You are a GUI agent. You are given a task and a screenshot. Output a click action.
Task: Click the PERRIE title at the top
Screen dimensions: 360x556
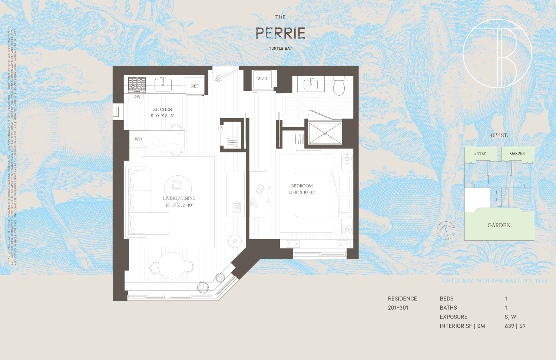click(281, 33)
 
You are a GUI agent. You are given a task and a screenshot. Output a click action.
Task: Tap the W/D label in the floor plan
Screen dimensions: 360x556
click(262, 79)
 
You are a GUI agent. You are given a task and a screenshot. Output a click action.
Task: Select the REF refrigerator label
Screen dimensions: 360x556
click(195, 86)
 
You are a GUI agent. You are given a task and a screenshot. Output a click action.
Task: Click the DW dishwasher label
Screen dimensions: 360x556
click(137, 96)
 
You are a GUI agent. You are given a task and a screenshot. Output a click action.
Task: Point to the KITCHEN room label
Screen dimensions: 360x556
click(162, 109)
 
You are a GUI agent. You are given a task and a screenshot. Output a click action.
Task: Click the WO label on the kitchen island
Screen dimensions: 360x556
click(138, 139)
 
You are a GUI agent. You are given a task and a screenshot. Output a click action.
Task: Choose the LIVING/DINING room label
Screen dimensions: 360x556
click(179, 198)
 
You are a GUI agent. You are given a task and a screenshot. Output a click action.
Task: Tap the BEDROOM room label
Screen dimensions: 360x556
click(302, 186)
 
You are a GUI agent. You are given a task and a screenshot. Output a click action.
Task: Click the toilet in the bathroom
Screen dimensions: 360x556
click(339, 86)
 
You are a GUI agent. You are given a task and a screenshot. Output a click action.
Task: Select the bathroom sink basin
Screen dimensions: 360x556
click(311, 84)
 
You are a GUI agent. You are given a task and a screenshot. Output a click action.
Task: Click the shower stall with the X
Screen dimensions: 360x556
click(325, 133)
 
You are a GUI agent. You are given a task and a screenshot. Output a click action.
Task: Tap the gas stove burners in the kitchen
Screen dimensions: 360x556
click(137, 84)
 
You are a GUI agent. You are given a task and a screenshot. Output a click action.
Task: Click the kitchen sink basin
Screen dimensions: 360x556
click(163, 85)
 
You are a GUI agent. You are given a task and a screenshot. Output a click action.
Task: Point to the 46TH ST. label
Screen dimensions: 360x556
click(499, 135)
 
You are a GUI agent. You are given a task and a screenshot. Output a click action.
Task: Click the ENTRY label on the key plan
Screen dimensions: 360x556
click(480, 153)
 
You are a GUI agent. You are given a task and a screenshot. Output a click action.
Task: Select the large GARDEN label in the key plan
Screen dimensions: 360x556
click(499, 225)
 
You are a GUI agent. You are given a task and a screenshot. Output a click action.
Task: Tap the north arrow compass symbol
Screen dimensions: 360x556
click(446, 230)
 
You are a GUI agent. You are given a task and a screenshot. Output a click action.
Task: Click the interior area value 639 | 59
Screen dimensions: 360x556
click(515, 326)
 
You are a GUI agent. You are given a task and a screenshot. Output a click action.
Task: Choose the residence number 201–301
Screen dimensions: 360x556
click(398, 307)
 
